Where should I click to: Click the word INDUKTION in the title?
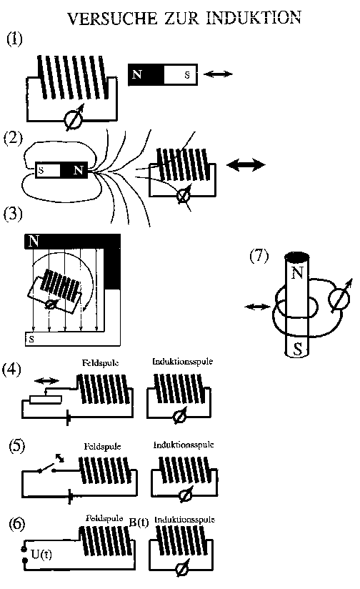[x=254, y=18]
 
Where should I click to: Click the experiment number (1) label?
[x=14, y=39]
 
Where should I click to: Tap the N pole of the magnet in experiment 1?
[x=146, y=74]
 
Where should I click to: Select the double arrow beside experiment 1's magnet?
[x=219, y=74]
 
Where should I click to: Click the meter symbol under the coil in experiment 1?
[x=74, y=119]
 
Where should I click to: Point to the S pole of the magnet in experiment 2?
[x=48, y=170]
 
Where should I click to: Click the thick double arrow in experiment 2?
[x=246, y=164]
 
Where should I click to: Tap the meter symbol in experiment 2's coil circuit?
[x=184, y=195]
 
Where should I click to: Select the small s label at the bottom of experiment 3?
[x=31, y=340]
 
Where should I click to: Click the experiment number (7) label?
[x=259, y=257]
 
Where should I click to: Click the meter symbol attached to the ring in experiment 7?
[x=340, y=299]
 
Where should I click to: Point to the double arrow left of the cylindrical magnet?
[x=258, y=307]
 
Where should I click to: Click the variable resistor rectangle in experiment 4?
[x=46, y=399]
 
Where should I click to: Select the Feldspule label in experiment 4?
[x=101, y=363]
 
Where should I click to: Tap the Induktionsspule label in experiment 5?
[x=184, y=445]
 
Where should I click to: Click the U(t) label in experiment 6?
[x=41, y=554]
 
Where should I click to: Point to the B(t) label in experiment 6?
[x=139, y=522]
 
